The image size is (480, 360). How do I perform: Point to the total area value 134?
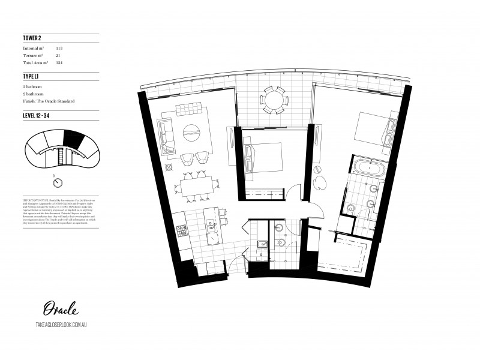(x=59, y=62)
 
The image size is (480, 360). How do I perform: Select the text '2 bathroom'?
(x=33, y=94)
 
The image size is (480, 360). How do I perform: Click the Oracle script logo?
(x=60, y=310)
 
